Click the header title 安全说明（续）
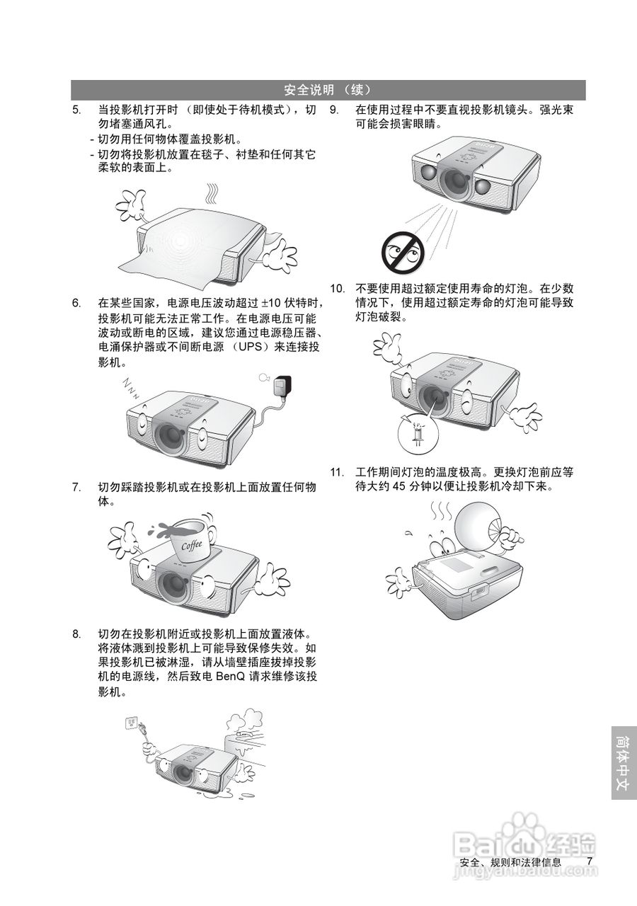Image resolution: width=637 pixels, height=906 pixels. point(328,90)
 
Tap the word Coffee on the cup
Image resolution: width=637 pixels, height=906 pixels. point(191,545)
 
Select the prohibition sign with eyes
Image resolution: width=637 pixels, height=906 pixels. point(403,252)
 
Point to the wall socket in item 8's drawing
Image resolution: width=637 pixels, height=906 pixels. point(132,723)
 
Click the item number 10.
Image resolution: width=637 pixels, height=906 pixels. point(338,289)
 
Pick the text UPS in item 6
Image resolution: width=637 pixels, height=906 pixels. point(251,347)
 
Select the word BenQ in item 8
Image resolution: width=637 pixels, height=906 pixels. point(231,676)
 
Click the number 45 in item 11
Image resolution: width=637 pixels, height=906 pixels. point(398,486)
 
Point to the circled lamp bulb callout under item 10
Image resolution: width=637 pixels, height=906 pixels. point(418,434)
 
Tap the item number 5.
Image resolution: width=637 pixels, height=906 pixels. point(77,110)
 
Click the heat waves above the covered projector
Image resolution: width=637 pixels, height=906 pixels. point(212,195)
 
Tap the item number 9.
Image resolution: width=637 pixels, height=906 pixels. point(334,110)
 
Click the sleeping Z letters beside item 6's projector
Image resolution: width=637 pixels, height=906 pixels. point(132,388)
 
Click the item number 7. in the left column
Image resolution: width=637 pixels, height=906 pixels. point(77,487)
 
